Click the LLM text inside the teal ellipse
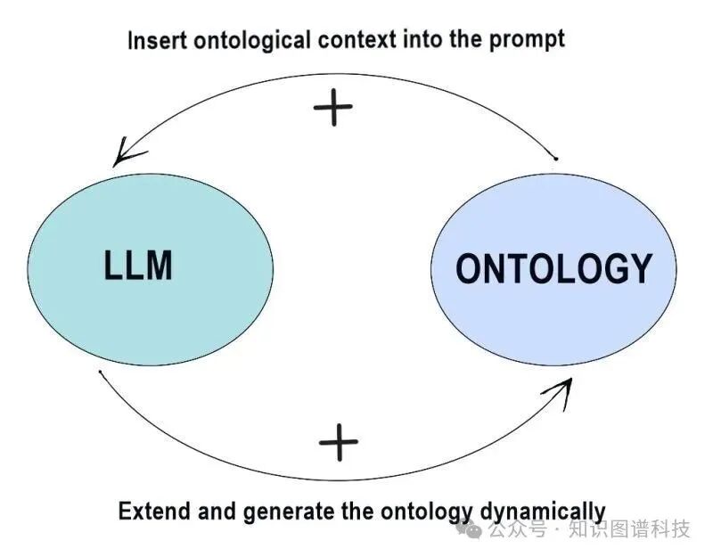[137, 266]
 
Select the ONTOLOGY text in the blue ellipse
[553, 268]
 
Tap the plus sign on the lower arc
[338, 442]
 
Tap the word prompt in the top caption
[531, 40]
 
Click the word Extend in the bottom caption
[148, 512]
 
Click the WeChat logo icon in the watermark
[470, 529]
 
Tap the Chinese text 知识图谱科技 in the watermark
[629, 529]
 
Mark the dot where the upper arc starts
[555, 160]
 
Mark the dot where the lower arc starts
[101, 372]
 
